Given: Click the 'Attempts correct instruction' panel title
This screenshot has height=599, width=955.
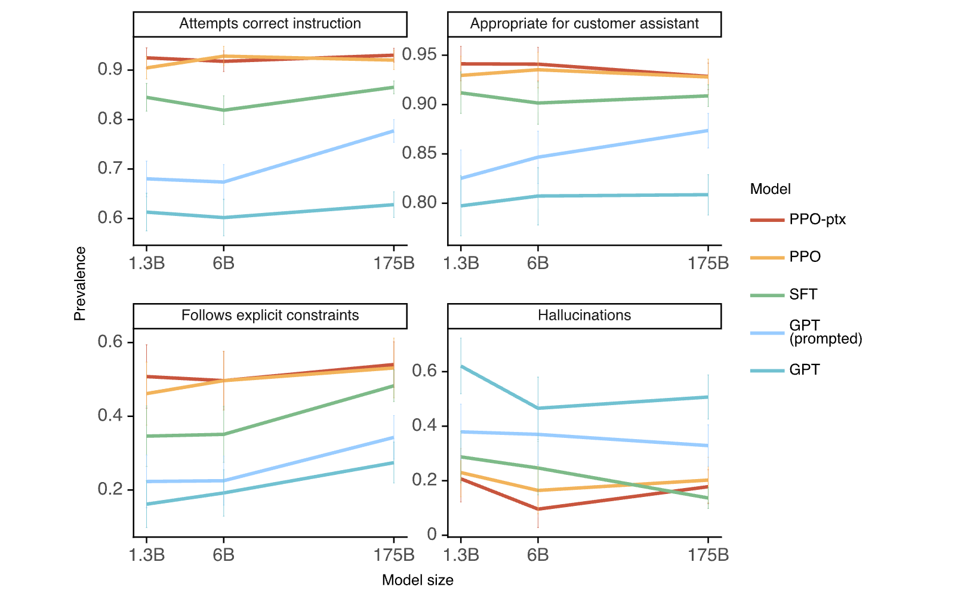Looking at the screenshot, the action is (x=270, y=23).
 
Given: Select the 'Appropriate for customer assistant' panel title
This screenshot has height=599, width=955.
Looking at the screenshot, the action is (x=584, y=23).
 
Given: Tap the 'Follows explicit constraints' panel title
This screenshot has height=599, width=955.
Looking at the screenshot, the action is (x=270, y=315).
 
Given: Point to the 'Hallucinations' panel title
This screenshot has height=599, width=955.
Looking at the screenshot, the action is (x=584, y=315).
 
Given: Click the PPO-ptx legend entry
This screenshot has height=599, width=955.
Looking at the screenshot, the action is (x=798, y=220).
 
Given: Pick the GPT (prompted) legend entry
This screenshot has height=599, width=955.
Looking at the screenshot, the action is (x=806, y=332).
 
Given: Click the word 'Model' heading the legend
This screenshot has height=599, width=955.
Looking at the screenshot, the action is (x=770, y=189).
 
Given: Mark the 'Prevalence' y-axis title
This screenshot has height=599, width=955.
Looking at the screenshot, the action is (x=80, y=284).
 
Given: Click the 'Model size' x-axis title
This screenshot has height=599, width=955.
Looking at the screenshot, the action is (x=417, y=580).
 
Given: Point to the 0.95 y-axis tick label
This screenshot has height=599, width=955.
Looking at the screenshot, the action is (x=419, y=54).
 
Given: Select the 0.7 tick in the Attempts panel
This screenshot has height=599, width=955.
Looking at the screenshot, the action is (x=110, y=168).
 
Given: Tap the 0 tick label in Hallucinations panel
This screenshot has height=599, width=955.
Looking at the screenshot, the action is (x=432, y=534).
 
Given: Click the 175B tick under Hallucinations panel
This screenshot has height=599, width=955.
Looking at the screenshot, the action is (x=708, y=555).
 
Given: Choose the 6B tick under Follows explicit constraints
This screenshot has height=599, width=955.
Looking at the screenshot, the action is (x=223, y=555).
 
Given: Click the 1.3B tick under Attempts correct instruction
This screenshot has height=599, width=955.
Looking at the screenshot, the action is (x=147, y=263).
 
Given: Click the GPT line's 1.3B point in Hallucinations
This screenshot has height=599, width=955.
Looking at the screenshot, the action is (x=461, y=366).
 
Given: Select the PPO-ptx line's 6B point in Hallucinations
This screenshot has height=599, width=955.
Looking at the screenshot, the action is (x=538, y=509).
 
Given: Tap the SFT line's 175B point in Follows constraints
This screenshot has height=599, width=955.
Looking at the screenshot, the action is (x=393, y=386).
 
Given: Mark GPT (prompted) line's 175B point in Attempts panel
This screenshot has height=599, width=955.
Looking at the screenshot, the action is (x=393, y=131).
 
